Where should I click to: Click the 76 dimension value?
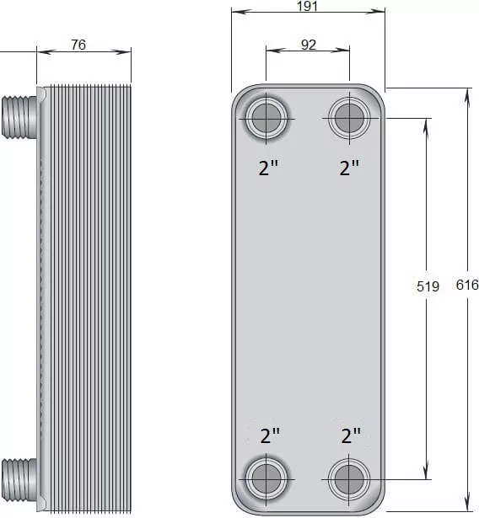pos(78,45)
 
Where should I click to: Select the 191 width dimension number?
pos(307,6)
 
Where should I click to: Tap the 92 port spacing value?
pos(309,45)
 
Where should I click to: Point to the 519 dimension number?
pos(428,286)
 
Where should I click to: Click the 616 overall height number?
pos(467,285)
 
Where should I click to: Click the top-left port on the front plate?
pos(266,118)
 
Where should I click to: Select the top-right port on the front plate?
pos(349,118)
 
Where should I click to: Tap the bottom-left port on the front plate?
pos(266,478)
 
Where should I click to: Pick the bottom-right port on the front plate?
pos(349,479)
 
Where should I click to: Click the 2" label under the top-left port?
pos(268,168)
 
